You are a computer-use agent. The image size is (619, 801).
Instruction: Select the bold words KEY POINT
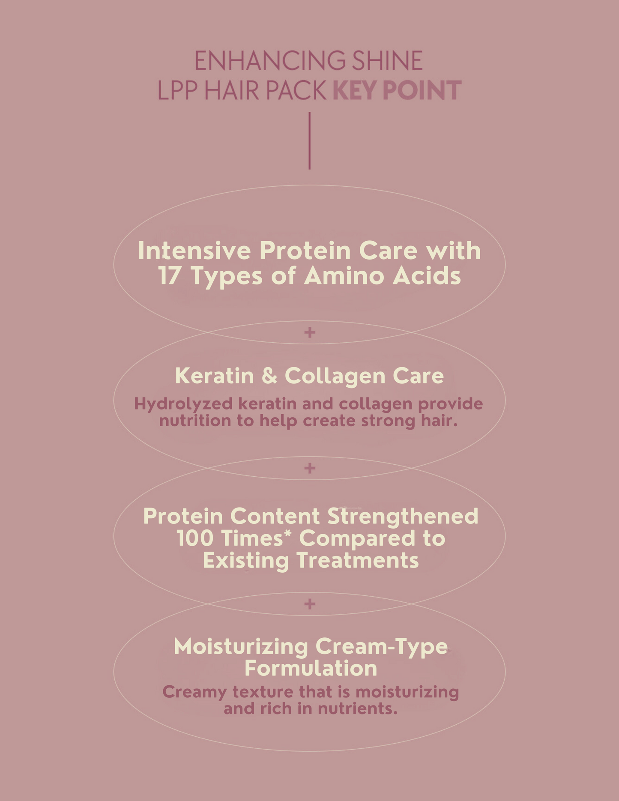pos(397,90)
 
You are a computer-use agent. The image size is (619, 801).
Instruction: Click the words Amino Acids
pos(383,275)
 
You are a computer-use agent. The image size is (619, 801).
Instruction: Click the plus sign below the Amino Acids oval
pos(309,332)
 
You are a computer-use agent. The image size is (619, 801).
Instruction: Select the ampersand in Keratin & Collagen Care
pos(269,376)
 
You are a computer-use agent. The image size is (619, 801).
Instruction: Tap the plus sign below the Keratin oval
pos(309,468)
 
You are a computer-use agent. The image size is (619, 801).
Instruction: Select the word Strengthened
pos(403,516)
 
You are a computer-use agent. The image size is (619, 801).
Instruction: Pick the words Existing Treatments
pos(311,560)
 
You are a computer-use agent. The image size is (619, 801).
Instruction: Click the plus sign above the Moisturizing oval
pos(309,604)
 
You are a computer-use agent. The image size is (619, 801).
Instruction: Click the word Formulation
pos(311,668)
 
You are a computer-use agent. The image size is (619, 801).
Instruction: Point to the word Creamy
pos(194,692)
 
